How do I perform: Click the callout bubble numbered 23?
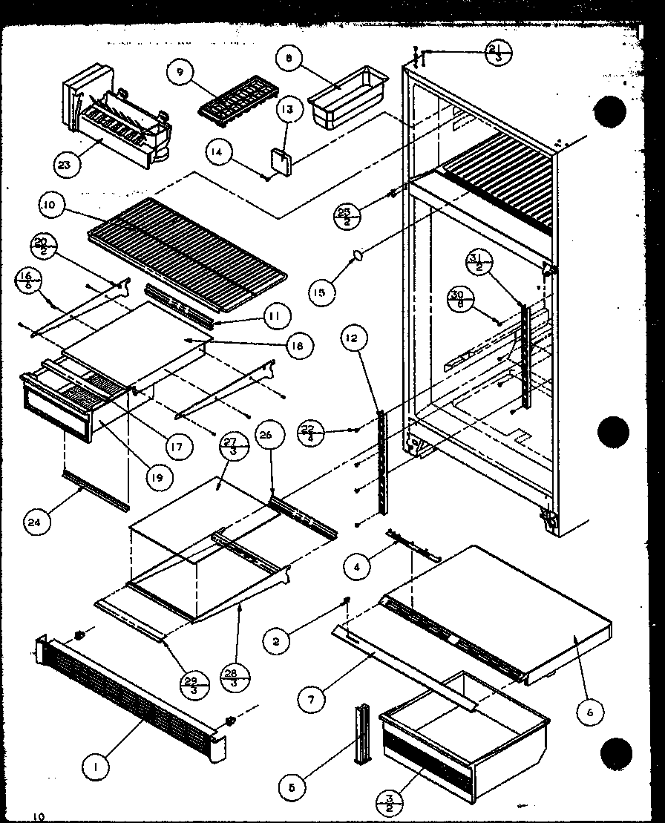pos(65,165)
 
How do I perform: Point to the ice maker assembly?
pos(119,115)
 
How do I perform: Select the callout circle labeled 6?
pos(589,712)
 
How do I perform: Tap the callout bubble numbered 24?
pos(40,522)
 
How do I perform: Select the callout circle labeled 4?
pos(358,569)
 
